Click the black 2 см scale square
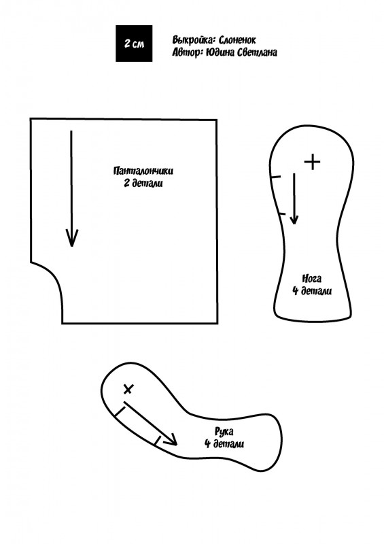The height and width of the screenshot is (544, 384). (x=134, y=44)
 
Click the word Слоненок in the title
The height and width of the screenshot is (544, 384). (x=237, y=40)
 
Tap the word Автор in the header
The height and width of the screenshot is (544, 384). (x=187, y=52)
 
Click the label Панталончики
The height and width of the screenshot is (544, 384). (x=143, y=171)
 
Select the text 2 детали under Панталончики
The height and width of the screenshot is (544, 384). (x=143, y=183)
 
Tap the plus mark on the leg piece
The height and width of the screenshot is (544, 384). (x=312, y=162)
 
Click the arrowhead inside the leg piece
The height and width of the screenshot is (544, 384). (x=294, y=219)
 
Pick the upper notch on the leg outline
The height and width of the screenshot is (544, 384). (x=275, y=177)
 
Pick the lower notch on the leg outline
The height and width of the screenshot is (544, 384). (x=281, y=213)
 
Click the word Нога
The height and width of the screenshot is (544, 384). (x=311, y=279)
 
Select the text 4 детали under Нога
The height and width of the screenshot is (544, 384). (x=312, y=291)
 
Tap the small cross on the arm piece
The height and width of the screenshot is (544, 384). (x=128, y=389)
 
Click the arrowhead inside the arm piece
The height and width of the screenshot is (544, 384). (x=172, y=441)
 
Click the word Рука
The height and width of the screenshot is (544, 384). (x=224, y=432)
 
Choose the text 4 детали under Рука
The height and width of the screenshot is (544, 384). (x=224, y=444)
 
